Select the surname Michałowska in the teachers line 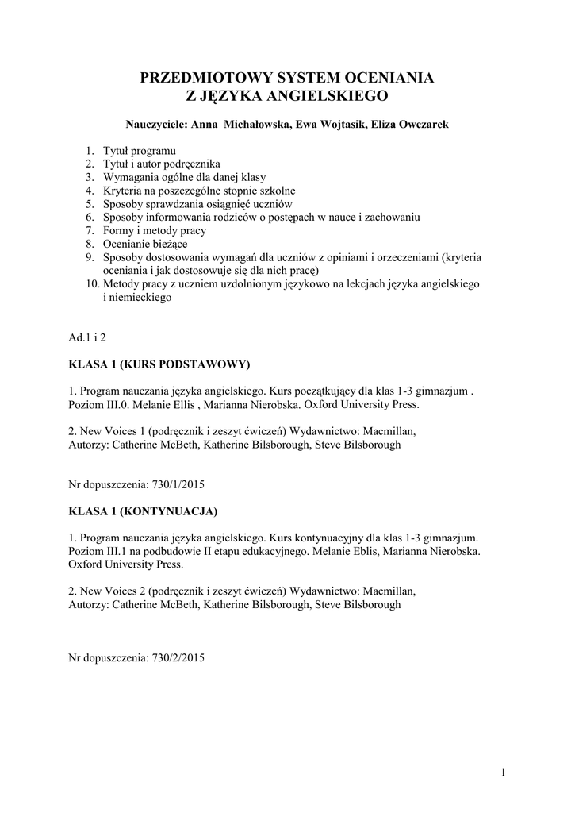click(258, 125)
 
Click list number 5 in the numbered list click(90, 204)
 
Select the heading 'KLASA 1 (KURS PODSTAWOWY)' click(159, 364)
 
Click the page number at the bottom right click(503, 772)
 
